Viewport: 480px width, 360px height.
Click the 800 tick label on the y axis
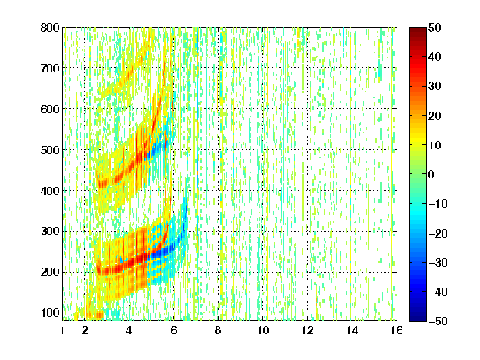[x=50, y=27]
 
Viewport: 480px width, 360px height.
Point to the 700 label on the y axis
[x=50, y=68]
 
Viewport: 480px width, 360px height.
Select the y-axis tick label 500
[x=50, y=150]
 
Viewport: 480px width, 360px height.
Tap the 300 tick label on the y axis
[x=50, y=232]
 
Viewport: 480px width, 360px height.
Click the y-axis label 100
[x=50, y=312]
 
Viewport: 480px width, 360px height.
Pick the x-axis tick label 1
[x=62, y=330]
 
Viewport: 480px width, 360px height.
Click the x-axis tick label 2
[x=85, y=330]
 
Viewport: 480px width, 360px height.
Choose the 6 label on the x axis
[x=174, y=330]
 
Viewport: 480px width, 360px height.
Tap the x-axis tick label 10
[x=263, y=330]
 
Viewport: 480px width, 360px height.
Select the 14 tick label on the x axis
[x=352, y=330]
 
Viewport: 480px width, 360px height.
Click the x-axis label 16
[x=397, y=330]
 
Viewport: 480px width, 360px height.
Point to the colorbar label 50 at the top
[x=435, y=27]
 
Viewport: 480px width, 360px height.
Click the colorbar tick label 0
[x=432, y=174]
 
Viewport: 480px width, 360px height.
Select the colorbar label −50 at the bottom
[x=438, y=321]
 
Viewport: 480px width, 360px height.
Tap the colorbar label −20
[x=438, y=233]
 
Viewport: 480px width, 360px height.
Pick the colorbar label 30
[x=435, y=87]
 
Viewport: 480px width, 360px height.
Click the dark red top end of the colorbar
[x=417, y=29]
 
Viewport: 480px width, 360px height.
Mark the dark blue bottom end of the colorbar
[x=417, y=318]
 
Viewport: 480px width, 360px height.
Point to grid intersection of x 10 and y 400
[x=263, y=190]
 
